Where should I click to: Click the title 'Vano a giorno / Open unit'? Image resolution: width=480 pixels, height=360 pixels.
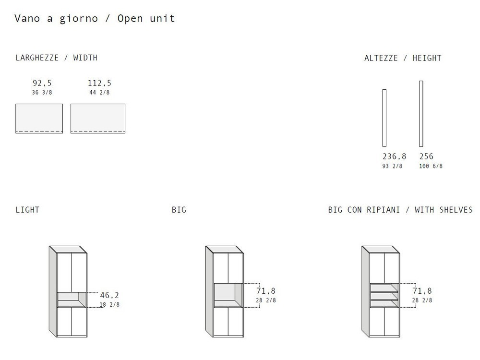(95, 19)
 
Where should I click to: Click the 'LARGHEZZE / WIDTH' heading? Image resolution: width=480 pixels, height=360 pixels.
(57, 58)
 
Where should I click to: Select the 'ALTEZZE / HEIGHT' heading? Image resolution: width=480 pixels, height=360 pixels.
(403, 58)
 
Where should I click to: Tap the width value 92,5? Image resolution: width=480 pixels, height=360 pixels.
(42, 83)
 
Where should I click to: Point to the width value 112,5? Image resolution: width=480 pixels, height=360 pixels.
(99, 83)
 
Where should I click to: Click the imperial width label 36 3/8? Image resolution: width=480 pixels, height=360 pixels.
(42, 93)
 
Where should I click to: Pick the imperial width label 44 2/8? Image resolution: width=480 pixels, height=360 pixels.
(99, 93)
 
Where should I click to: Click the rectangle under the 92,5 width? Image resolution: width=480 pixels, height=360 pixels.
(39, 119)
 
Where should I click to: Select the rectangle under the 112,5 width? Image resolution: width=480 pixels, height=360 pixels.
(98, 119)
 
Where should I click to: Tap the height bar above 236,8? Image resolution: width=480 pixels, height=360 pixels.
(384, 118)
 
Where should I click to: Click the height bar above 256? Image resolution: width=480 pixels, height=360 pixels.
(421, 114)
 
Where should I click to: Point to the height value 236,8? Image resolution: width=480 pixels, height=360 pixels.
(394, 156)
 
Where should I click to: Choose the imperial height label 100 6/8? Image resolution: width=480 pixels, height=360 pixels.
(431, 166)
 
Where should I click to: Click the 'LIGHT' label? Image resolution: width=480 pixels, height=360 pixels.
(27, 210)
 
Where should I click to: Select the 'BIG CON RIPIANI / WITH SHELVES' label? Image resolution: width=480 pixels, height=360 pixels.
(400, 210)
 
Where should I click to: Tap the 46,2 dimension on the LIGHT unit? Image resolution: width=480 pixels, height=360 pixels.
(109, 295)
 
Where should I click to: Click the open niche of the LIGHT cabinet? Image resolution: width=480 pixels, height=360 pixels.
(72, 300)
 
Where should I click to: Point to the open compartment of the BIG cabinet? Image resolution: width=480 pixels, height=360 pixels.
(228, 295)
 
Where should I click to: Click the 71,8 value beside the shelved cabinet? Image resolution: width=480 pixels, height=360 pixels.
(422, 291)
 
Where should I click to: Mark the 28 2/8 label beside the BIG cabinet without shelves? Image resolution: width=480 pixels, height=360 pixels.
(266, 300)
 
